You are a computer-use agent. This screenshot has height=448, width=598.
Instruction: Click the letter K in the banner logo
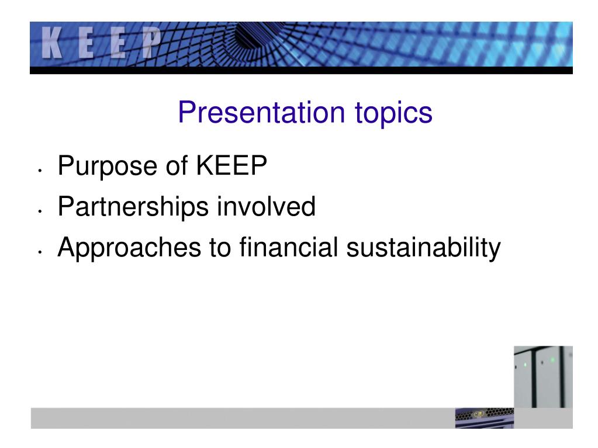click(x=53, y=44)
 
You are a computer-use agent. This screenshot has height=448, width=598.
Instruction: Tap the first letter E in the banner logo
click(x=86, y=44)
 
